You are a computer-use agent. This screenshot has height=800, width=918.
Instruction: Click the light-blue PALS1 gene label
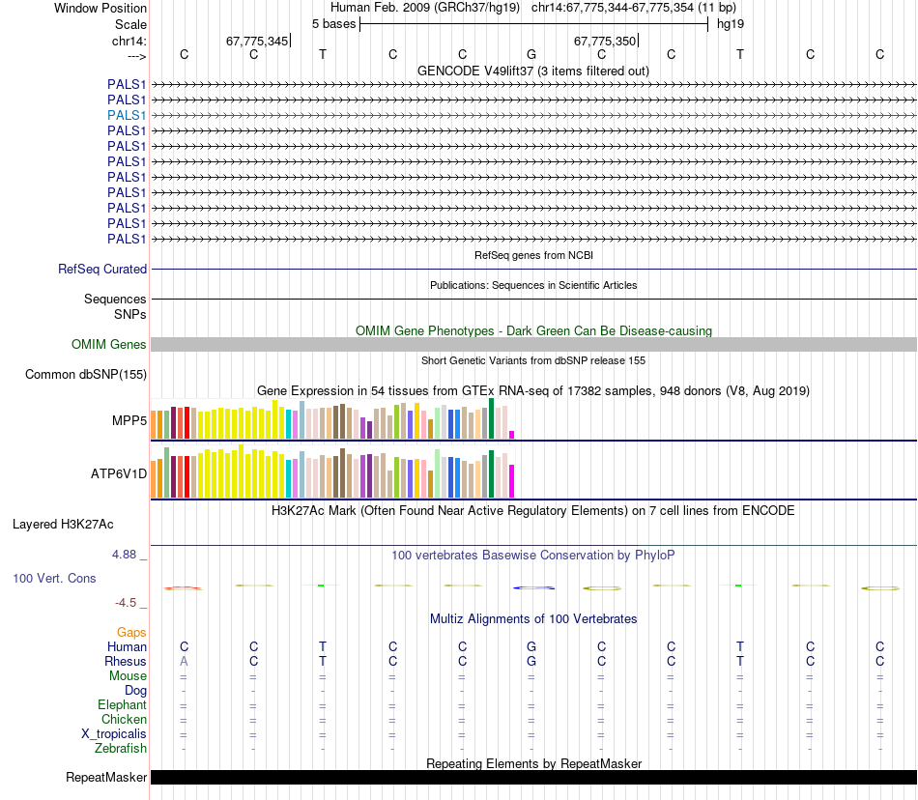pos(127,115)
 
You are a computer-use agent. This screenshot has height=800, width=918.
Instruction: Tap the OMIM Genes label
pos(109,345)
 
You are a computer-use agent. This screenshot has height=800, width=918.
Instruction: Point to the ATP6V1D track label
pos(118,473)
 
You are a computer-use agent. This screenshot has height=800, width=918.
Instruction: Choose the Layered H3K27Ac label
pos(63,525)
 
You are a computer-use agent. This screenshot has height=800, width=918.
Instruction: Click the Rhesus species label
pos(126,662)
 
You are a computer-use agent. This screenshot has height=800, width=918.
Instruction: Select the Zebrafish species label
pos(121,749)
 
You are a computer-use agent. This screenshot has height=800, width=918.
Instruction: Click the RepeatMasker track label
pos(106,778)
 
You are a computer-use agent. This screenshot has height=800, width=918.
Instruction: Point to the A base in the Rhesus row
pos(184,662)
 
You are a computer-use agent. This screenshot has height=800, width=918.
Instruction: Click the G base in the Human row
pos(531,646)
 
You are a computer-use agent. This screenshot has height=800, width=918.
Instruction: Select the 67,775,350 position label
pos(605,42)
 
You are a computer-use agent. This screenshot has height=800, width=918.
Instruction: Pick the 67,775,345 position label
pos(257,42)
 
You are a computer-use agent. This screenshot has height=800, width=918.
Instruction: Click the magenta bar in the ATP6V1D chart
pos(512,480)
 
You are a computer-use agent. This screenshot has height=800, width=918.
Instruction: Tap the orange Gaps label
pos(131,632)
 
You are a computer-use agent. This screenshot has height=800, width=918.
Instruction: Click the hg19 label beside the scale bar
pos(730,23)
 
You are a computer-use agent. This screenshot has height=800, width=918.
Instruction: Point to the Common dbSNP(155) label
pos(86,375)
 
